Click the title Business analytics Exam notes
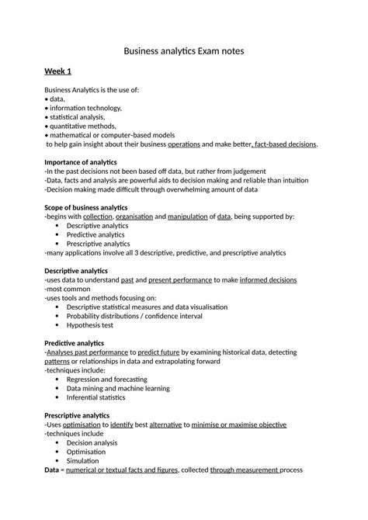pos(184,52)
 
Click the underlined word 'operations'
pos(184,144)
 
